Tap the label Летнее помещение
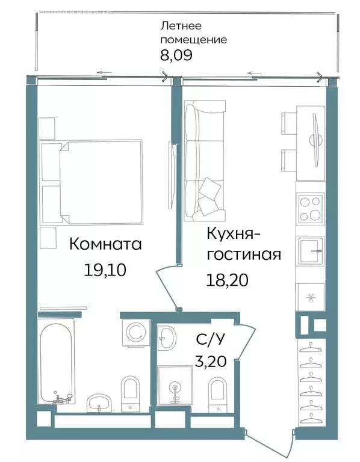193,33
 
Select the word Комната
105,244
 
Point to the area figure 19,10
105,270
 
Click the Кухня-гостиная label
243,243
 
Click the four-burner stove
311,209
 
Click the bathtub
57,362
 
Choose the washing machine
135,332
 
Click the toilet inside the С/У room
217,394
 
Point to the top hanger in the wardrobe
311,347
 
